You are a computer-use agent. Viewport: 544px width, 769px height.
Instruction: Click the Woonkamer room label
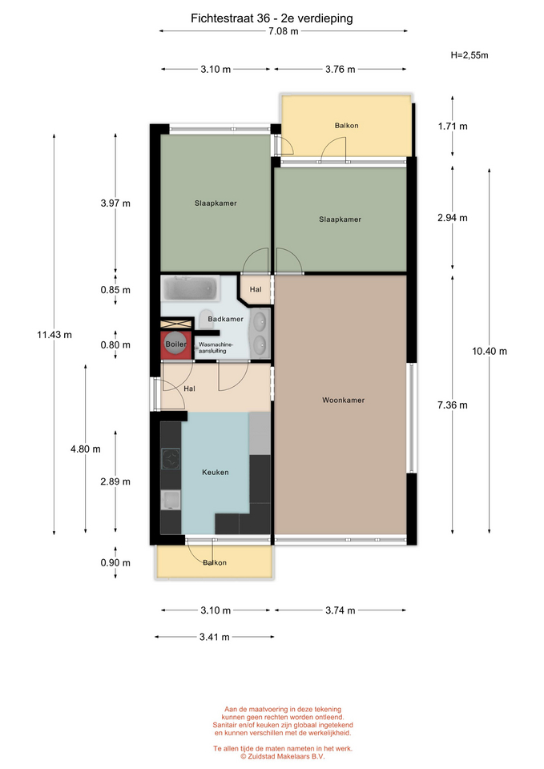[343, 401]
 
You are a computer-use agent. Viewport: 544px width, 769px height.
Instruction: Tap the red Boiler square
[175, 344]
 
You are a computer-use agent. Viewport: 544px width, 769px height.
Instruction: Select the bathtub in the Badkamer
[190, 288]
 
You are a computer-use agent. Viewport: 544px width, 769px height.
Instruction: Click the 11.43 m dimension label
[54, 335]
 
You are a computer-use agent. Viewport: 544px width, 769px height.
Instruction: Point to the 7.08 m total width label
[283, 31]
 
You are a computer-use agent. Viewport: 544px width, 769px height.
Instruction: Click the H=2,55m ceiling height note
[469, 55]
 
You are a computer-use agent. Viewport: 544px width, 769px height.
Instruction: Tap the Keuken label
[216, 473]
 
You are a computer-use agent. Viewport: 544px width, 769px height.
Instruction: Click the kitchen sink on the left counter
[171, 500]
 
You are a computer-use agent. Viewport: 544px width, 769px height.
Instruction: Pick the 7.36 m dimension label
[453, 405]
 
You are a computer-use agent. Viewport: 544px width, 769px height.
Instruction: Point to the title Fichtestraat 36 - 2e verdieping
[272, 18]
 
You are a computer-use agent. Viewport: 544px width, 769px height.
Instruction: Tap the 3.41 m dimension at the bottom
[215, 637]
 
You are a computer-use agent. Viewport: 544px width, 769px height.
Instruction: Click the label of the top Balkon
[346, 126]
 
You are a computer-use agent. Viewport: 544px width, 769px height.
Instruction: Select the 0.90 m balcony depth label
[115, 563]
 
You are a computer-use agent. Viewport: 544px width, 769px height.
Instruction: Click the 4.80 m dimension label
[86, 449]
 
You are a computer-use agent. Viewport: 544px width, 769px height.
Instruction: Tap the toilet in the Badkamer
[206, 318]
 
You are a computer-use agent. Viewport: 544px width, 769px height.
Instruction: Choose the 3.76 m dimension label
[340, 70]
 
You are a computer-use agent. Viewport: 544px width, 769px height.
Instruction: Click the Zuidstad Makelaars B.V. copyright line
[283, 756]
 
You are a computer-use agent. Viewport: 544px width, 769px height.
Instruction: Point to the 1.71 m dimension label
[453, 127]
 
